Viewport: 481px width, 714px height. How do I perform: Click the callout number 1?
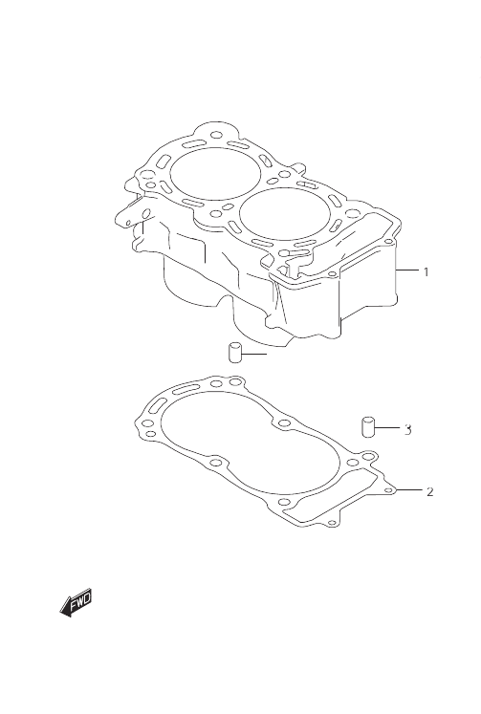click(426, 272)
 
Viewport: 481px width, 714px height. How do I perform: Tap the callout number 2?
click(429, 492)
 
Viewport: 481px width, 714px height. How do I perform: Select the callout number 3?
click(407, 429)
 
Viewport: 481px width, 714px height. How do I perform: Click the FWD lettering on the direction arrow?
click(81, 601)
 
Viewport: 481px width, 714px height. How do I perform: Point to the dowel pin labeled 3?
click(368, 426)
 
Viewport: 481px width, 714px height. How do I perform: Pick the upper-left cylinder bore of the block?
click(215, 174)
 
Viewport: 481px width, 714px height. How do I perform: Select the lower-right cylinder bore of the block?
click(284, 213)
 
